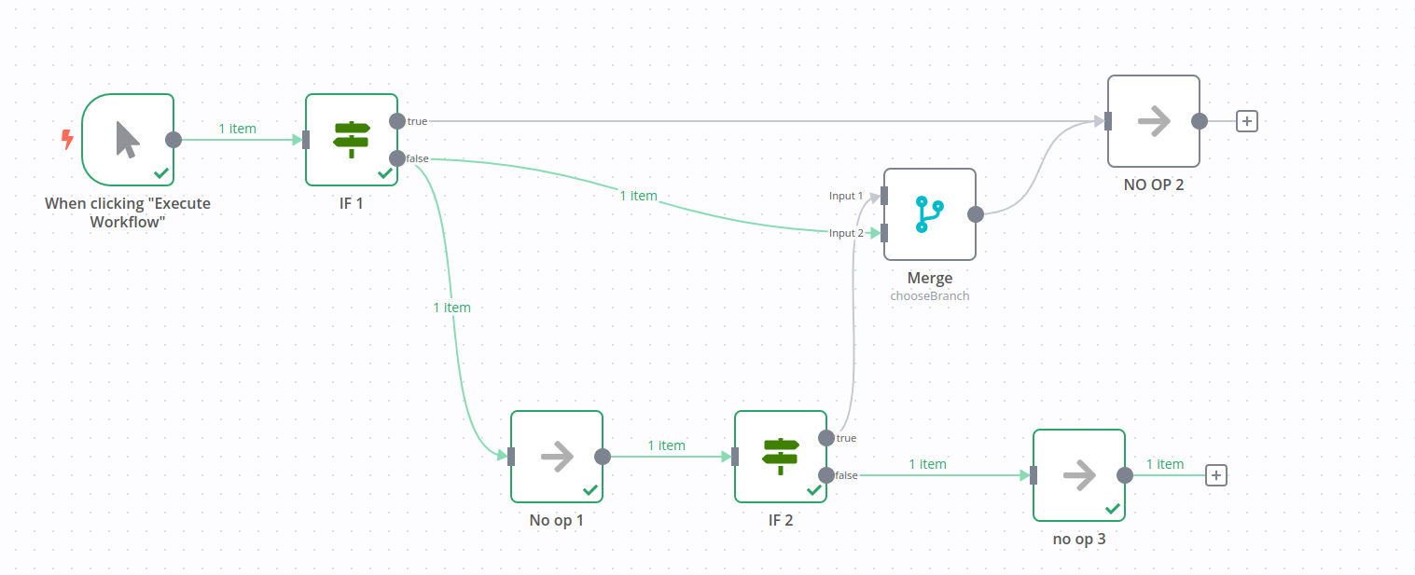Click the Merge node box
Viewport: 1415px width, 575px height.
point(929,214)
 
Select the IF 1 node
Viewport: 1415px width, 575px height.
point(352,140)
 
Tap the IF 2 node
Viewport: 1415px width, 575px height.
point(780,457)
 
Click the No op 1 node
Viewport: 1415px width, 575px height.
point(556,457)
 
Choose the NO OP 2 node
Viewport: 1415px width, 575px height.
point(1153,121)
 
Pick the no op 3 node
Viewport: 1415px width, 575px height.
point(1078,475)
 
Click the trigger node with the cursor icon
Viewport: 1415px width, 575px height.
point(128,140)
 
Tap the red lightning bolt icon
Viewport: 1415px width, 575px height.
point(67,140)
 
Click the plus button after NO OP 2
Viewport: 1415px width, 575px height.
point(1246,121)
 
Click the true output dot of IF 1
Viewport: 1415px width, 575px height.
point(397,121)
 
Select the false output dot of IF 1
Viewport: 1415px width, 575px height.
point(397,158)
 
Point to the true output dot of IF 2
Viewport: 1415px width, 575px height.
point(826,438)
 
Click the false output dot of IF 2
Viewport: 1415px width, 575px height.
point(826,475)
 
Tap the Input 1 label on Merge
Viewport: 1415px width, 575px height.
point(846,196)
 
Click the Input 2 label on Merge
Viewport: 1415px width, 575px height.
point(846,233)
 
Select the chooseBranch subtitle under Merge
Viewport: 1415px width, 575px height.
point(929,295)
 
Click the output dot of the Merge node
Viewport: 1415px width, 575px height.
point(976,214)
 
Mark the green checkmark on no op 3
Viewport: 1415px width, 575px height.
point(1112,509)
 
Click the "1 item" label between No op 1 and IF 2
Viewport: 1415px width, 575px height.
point(666,445)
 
